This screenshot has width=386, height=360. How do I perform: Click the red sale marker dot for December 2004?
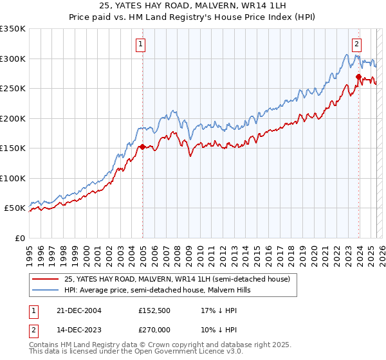click(142, 147)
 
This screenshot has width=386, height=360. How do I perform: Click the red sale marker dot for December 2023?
click(358, 76)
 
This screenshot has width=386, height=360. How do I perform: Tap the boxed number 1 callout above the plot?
click(140, 44)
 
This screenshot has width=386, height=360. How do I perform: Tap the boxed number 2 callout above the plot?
click(356, 44)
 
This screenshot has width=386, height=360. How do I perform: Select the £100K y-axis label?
click(13, 178)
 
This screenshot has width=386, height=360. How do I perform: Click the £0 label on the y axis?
click(19, 238)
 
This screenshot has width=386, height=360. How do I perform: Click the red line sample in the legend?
click(45, 280)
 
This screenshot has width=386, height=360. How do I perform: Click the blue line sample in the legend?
click(45, 290)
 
